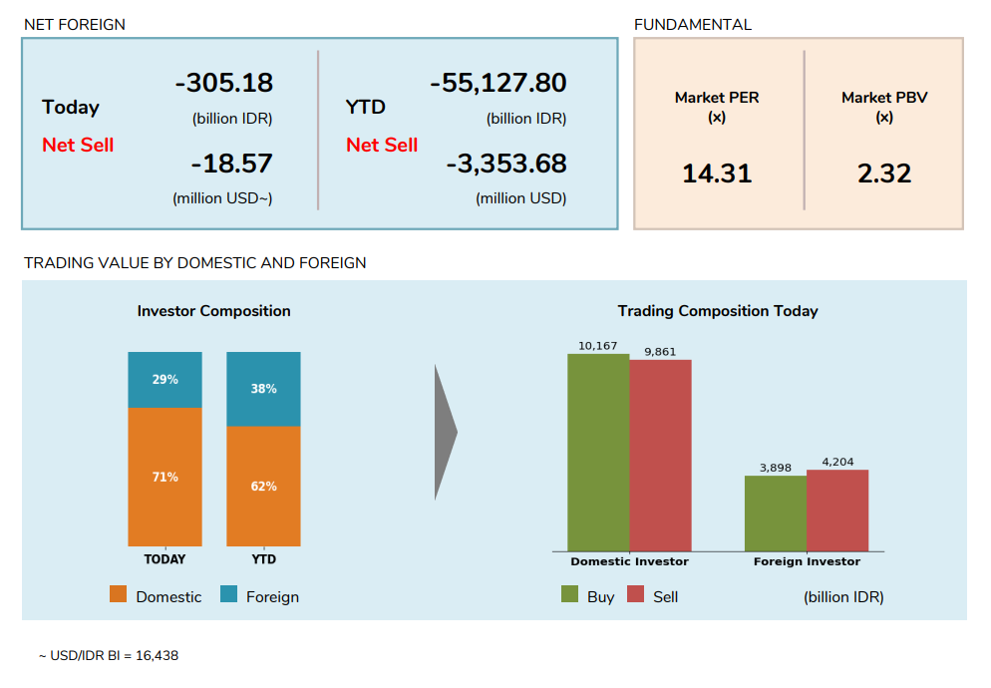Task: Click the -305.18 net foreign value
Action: (223, 83)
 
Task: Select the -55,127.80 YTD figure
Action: (497, 83)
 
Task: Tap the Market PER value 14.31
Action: (717, 173)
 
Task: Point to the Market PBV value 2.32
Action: (884, 173)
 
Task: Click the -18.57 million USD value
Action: (231, 164)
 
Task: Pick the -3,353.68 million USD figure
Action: (505, 164)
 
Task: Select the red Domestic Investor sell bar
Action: (660, 455)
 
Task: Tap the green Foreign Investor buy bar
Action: (775, 513)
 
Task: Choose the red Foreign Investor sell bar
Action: (837, 510)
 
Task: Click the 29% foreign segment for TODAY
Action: (165, 380)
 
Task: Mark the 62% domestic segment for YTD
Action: (263, 487)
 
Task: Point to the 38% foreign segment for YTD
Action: (263, 389)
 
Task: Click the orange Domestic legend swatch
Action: (119, 595)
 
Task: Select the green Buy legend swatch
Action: (570, 595)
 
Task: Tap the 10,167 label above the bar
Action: (597, 346)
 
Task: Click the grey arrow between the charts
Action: (445, 432)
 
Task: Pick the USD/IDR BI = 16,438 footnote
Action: (109, 656)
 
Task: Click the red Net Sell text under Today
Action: (78, 146)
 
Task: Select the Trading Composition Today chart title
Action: (717, 311)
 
